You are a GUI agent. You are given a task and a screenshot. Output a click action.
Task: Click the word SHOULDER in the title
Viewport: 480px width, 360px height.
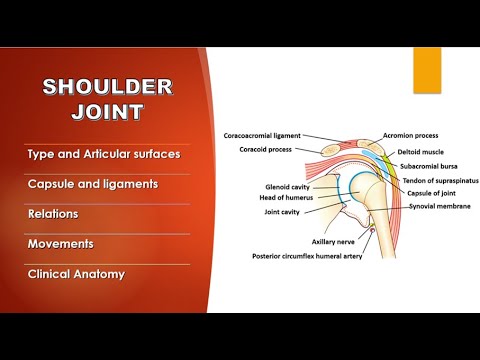pyautogui.click(x=107, y=87)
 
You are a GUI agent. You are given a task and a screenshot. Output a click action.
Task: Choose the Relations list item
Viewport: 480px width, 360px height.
pyautogui.click(x=53, y=213)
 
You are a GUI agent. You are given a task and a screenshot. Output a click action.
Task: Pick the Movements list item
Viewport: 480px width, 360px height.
pyautogui.click(x=61, y=242)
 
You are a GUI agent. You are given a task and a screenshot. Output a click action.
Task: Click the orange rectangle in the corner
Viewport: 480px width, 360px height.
pyautogui.click(x=428, y=70)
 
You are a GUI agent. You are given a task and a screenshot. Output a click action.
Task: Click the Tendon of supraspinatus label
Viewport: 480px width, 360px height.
pyautogui.click(x=438, y=181)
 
